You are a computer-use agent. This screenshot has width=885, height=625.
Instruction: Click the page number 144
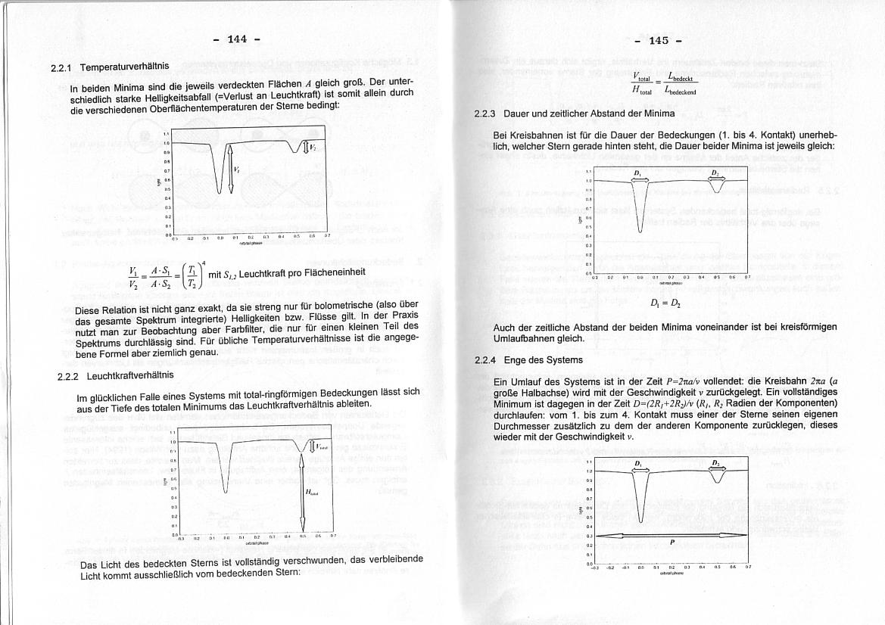coord(237,39)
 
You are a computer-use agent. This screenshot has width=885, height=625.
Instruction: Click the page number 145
coord(659,41)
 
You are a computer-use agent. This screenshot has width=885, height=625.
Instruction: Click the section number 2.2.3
coord(484,114)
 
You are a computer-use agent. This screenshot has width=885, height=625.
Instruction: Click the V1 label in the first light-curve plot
coord(238,170)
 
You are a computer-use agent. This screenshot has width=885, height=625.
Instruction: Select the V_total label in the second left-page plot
coord(322,446)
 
